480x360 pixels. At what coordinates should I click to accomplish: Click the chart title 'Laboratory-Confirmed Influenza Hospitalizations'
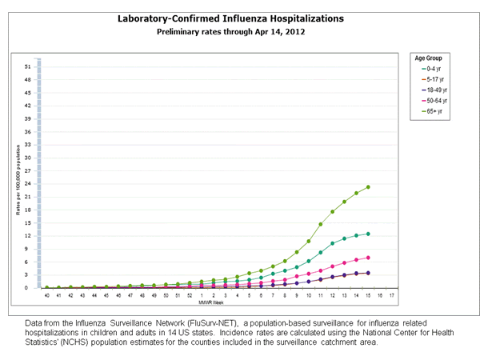pyautogui.click(x=231, y=18)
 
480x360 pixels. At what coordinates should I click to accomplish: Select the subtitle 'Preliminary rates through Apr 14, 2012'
pyautogui.click(x=230, y=32)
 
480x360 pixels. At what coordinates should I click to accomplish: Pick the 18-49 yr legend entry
pyautogui.click(x=434, y=90)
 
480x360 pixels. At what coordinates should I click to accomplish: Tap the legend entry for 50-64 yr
pyautogui.click(x=434, y=101)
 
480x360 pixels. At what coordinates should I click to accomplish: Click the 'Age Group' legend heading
pyautogui.click(x=428, y=58)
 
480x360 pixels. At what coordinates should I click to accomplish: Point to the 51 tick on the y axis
pyautogui.click(x=28, y=67)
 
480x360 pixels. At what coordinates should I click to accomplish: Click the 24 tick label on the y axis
pyautogui.click(x=28, y=184)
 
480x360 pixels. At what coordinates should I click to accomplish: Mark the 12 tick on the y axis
pyautogui.click(x=28, y=236)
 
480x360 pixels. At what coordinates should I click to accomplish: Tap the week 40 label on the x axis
pyautogui.click(x=46, y=296)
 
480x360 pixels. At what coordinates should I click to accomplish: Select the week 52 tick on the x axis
pyautogui.click(x=190, y=296)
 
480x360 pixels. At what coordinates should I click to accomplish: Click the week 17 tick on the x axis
pyautogui.click(x=391, y=296)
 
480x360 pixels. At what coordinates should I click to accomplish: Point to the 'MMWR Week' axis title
pyautogui.click(x=210, y=303)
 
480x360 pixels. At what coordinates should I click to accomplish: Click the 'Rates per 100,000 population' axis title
pyautogui.click(x=18, y=180)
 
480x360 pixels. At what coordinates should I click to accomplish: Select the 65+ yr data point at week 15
pyautogui.click(x=368, y=187)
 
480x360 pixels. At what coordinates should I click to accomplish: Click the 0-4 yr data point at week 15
pyautogui.click(x=368, y=234)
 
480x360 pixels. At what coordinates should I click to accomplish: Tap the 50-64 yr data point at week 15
pyautogui.click(x=368, y=258)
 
